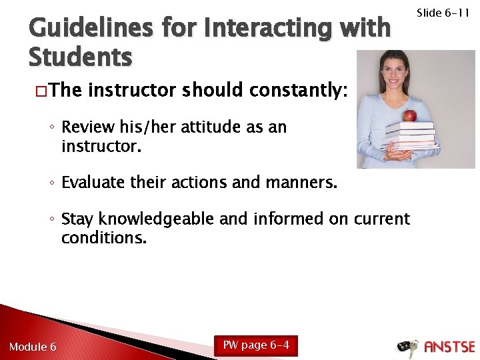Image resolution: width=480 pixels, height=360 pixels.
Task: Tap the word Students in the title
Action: tap(80, 57)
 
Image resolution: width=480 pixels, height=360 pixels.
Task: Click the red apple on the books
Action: tap(410, 115)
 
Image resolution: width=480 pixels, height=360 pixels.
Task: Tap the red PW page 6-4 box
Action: tap(256, 345)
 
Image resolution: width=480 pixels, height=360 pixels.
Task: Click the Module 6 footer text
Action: tap(33, 347)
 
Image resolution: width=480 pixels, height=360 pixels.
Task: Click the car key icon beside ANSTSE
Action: tap(407, 347)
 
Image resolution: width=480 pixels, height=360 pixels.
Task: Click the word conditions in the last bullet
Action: tap(103, 237)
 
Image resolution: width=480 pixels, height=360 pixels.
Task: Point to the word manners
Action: tap(303, 181)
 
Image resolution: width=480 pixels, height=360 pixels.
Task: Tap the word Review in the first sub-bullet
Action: tap(84, 127)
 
